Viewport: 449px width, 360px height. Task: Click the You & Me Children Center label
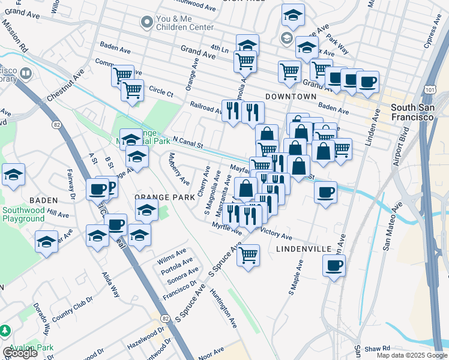(x=185, y=23)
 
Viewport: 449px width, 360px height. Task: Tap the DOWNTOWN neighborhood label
(x=291, y=97)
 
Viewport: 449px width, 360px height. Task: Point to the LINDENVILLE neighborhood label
(x=304, y=248)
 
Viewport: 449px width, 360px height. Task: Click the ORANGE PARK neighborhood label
(x=164, y=197)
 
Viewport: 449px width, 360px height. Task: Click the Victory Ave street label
(x=276, y=236)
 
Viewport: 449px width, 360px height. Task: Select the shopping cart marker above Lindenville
(x=248, y=256)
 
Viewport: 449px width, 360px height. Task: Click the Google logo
(x=20, y=353)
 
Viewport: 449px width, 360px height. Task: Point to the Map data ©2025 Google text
(x=412, y=355)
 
